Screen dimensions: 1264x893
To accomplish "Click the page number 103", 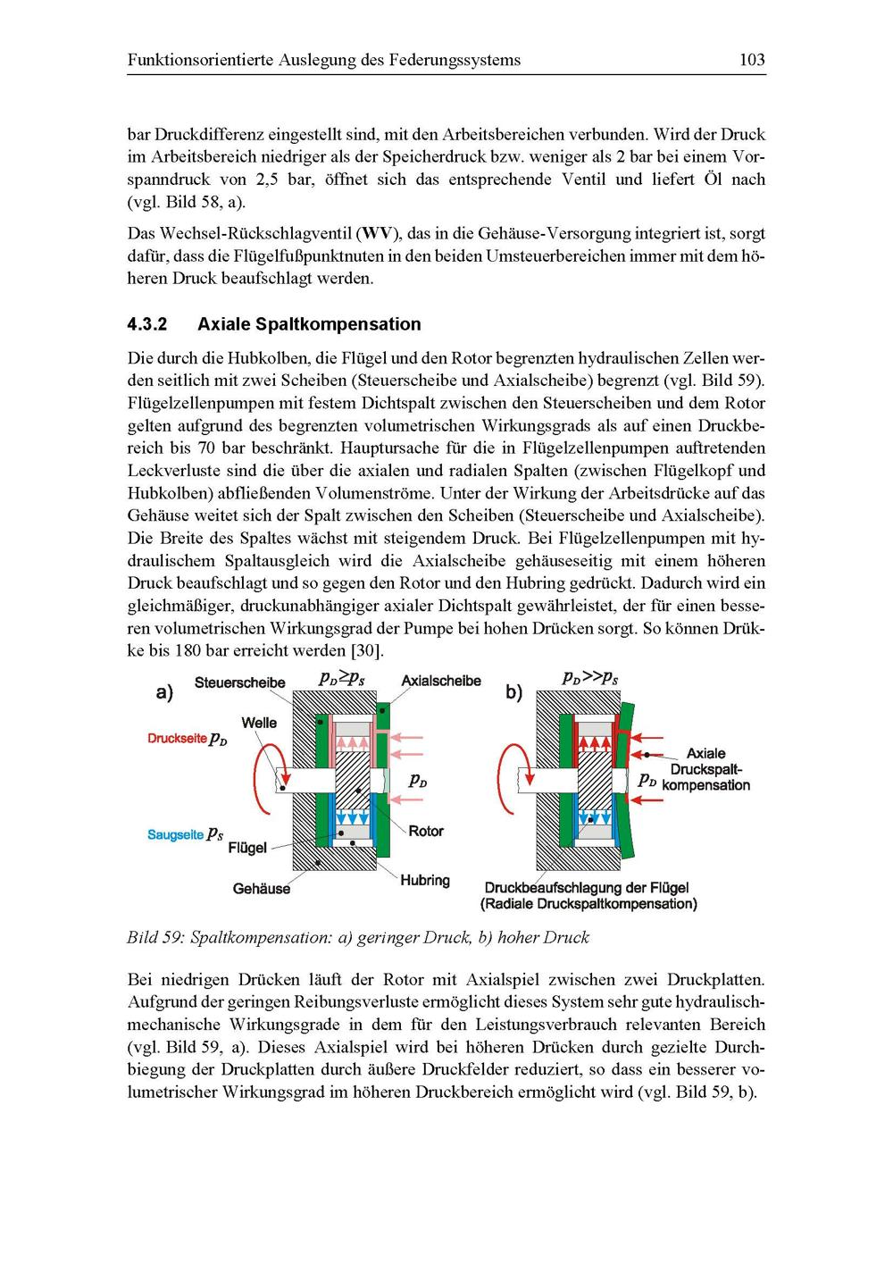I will pos(752,61).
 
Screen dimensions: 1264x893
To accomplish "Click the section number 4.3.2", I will pos(147,324).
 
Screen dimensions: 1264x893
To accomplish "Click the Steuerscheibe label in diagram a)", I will pos(239,683).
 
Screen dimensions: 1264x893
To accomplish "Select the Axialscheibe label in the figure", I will pos(441,681).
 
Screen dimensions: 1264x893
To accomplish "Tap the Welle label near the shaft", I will pos(259,723).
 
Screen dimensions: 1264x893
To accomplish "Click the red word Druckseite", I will pos(177,739).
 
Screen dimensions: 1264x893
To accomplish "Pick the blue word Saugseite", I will pos(175,834).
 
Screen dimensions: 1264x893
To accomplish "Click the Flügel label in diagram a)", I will pos(247,848).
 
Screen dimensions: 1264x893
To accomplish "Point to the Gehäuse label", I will pos(261,889).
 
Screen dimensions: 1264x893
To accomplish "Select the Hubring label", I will pos(425,881).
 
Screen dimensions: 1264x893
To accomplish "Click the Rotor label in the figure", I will pos(426,832).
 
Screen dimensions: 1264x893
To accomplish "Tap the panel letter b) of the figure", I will pos(513,691).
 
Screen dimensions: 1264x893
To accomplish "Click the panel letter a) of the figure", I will pos(164,692).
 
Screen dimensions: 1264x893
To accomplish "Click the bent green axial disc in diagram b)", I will pos(630,777).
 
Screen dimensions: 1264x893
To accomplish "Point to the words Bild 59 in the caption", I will pos(154,938).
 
